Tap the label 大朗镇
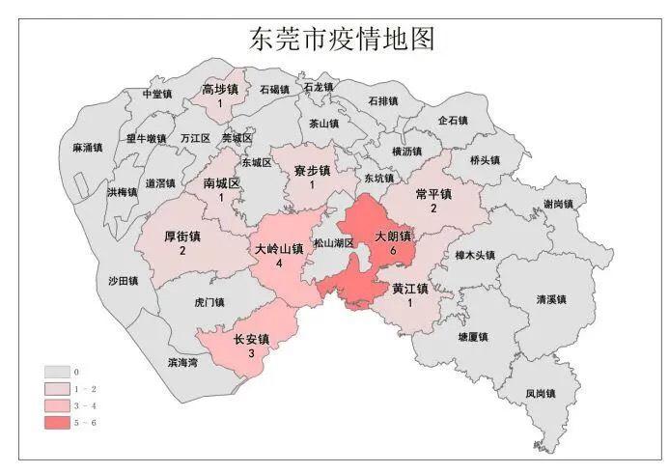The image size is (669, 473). click(x=393, y=236)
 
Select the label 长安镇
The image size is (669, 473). click(x=251, y=340)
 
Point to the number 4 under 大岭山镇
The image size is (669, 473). click(x=279, y=263)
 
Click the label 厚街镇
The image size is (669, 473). click(x=181, y=236)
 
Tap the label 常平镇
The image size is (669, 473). click(x=432, y=194)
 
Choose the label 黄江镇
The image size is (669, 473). click(x=410, y=288)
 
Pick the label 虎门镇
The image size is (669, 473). click(x=209, y=302)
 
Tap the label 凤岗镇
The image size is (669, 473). click(x=541, y=394)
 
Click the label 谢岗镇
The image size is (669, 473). click(x=558, y=204)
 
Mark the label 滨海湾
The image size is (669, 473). click(x=181, y=362)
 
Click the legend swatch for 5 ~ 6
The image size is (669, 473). click(x=58, y=423)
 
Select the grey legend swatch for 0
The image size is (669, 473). click(x=58, y=371)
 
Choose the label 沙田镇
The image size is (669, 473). click(x=123, y=281)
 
